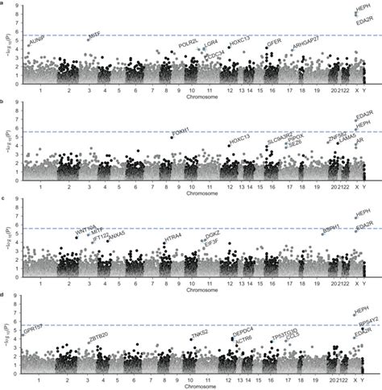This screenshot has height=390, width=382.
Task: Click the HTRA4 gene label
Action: (x=171, y=235)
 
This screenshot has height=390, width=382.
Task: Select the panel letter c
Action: (x=5, y=197)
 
